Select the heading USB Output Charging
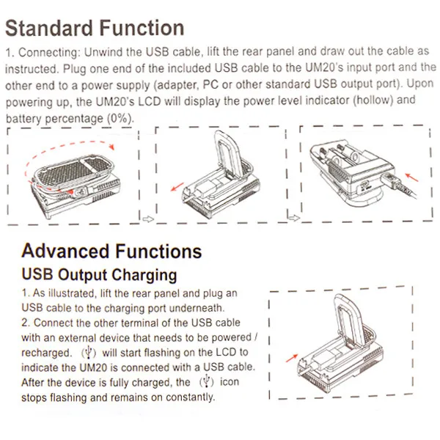[99, 276]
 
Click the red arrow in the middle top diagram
[177, 188]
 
